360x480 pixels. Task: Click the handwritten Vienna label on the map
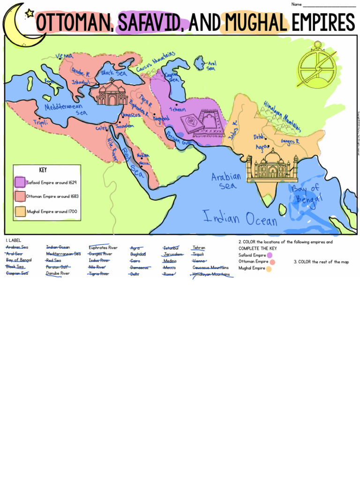click(x=64, y=56)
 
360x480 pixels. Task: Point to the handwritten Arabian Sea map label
click(x=226, y=180)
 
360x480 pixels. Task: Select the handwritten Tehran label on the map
click(x=177, y=109)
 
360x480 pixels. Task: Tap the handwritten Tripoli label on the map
click(x=40, y=123)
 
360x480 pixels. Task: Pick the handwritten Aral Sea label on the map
click(x=211, y=65)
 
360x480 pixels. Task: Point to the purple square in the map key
click(x=20, y=182)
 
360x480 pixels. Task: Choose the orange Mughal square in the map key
click(x=20, y=211)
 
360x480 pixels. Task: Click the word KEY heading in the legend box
click(x=43, y=170)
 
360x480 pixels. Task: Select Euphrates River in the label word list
click(x=103, y=247)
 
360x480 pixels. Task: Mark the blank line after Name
click(x=329, y=5)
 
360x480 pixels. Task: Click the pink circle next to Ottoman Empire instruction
click(x=272, y=262)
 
